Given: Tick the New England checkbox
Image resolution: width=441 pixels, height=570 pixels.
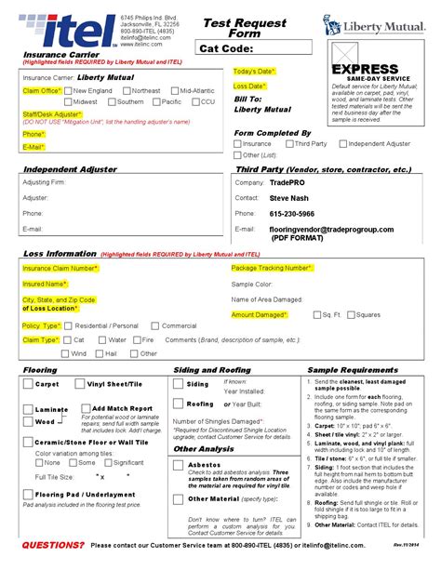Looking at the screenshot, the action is pyautogui.click(x=69, y=91).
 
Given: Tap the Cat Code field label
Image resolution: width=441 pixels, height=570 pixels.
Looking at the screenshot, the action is pyautogui.click(x=226, y=48).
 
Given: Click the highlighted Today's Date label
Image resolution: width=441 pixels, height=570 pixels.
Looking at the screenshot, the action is pyautogui.click(x=254, y=72).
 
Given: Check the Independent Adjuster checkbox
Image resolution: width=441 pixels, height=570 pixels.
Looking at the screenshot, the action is pyautogui.click(x=341, y=144).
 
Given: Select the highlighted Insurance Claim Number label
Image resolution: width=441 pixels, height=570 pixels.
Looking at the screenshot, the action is pyautogui.click(x=60, y=268).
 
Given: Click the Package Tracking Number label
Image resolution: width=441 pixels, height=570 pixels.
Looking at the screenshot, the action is pyautogui.click(x=271, y=268).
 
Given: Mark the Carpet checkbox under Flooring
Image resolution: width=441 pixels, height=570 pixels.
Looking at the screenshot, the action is pyautogui.click(x=28, y=384).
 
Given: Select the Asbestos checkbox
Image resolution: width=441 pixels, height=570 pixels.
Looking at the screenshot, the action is pyautogui.click(x=180, y=464).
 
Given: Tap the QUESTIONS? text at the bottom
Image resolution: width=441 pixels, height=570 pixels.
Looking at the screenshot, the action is pyautogui.click(x=52, y=544).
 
